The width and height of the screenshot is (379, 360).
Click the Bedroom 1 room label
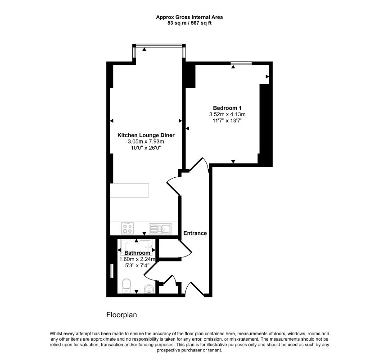click(227, 108)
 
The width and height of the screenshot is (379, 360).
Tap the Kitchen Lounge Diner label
click(146, 135)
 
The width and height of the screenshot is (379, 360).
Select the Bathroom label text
click(137, 253)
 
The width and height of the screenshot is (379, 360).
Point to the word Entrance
click(195, 233)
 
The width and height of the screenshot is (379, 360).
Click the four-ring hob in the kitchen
click(127, 228)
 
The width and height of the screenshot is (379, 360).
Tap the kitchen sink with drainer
click(160, 229)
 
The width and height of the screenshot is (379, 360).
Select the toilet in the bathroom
click(126, 286)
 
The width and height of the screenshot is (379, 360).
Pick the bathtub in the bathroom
click(136, 247)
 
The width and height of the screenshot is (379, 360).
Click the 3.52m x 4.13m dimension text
click(227, 114)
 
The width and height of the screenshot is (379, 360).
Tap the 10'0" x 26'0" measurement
click(146, 148)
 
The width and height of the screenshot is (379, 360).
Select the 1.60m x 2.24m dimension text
click(137, 259)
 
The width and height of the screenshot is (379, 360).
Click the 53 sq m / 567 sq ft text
click(189, 23)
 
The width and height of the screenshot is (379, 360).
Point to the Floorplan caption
click(122, 315)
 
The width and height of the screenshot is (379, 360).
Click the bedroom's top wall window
click(241, 63)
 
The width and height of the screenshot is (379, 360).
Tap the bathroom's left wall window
click(112, 271)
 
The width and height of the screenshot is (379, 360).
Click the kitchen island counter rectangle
click(129, 190)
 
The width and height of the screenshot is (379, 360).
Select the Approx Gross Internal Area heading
click(189, 17)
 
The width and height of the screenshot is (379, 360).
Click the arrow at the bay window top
click(144, 49)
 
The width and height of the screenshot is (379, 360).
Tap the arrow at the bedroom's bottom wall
click(233, 162)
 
